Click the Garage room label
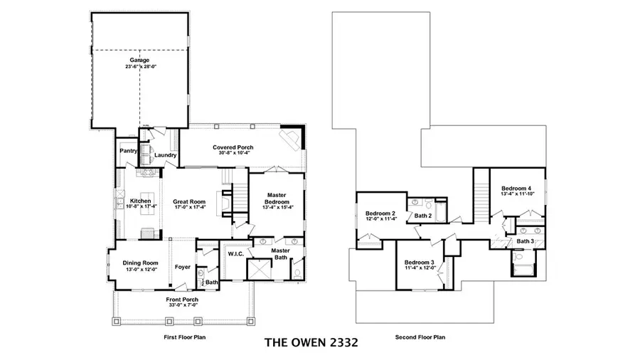tap(139, 60)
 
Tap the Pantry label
tap(128, 151)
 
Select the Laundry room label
tap(165, 155)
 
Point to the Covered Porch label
tap(233, 147)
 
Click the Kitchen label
tap(140, 201)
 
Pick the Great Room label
tap(189, 201)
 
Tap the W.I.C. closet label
tap(235, 254)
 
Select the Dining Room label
tap(139, 263)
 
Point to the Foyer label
tap(183, 268)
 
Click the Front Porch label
tap(183, 300)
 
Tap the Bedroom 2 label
tap(380, 213)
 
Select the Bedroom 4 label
tap(516, 188)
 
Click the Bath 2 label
tap(424, 216)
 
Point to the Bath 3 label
tap(525, 241)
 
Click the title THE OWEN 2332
tap(311, 342)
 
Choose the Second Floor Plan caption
tap(421, 337)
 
